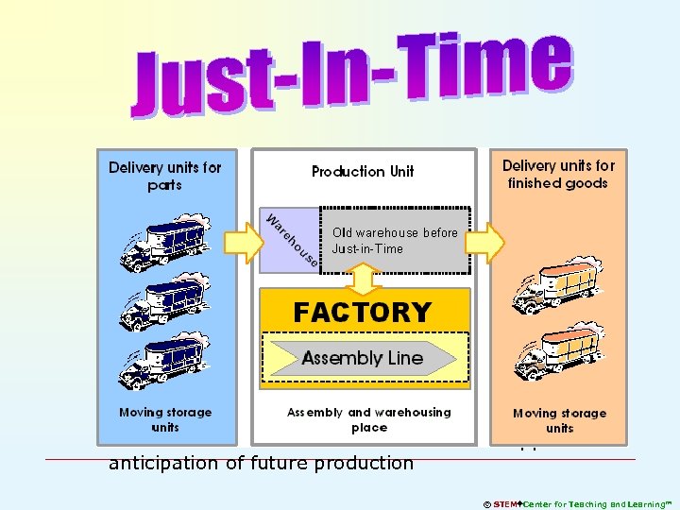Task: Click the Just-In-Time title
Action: pos(351,71)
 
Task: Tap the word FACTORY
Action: pos(363,312)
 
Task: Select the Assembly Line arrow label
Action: pos(363,358)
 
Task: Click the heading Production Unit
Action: pos(363,171)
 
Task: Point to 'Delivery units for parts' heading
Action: pos(165,176)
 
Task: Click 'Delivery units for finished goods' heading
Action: pos(558,174)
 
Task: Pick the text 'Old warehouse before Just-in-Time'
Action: pos(395,241)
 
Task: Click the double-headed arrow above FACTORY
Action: pos(364,277)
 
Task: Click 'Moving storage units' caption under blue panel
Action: pos(165,419)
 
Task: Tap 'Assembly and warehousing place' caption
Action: pos(369,419)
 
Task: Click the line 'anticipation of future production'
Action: pos(261,463)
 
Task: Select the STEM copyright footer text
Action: pos(577,504)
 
